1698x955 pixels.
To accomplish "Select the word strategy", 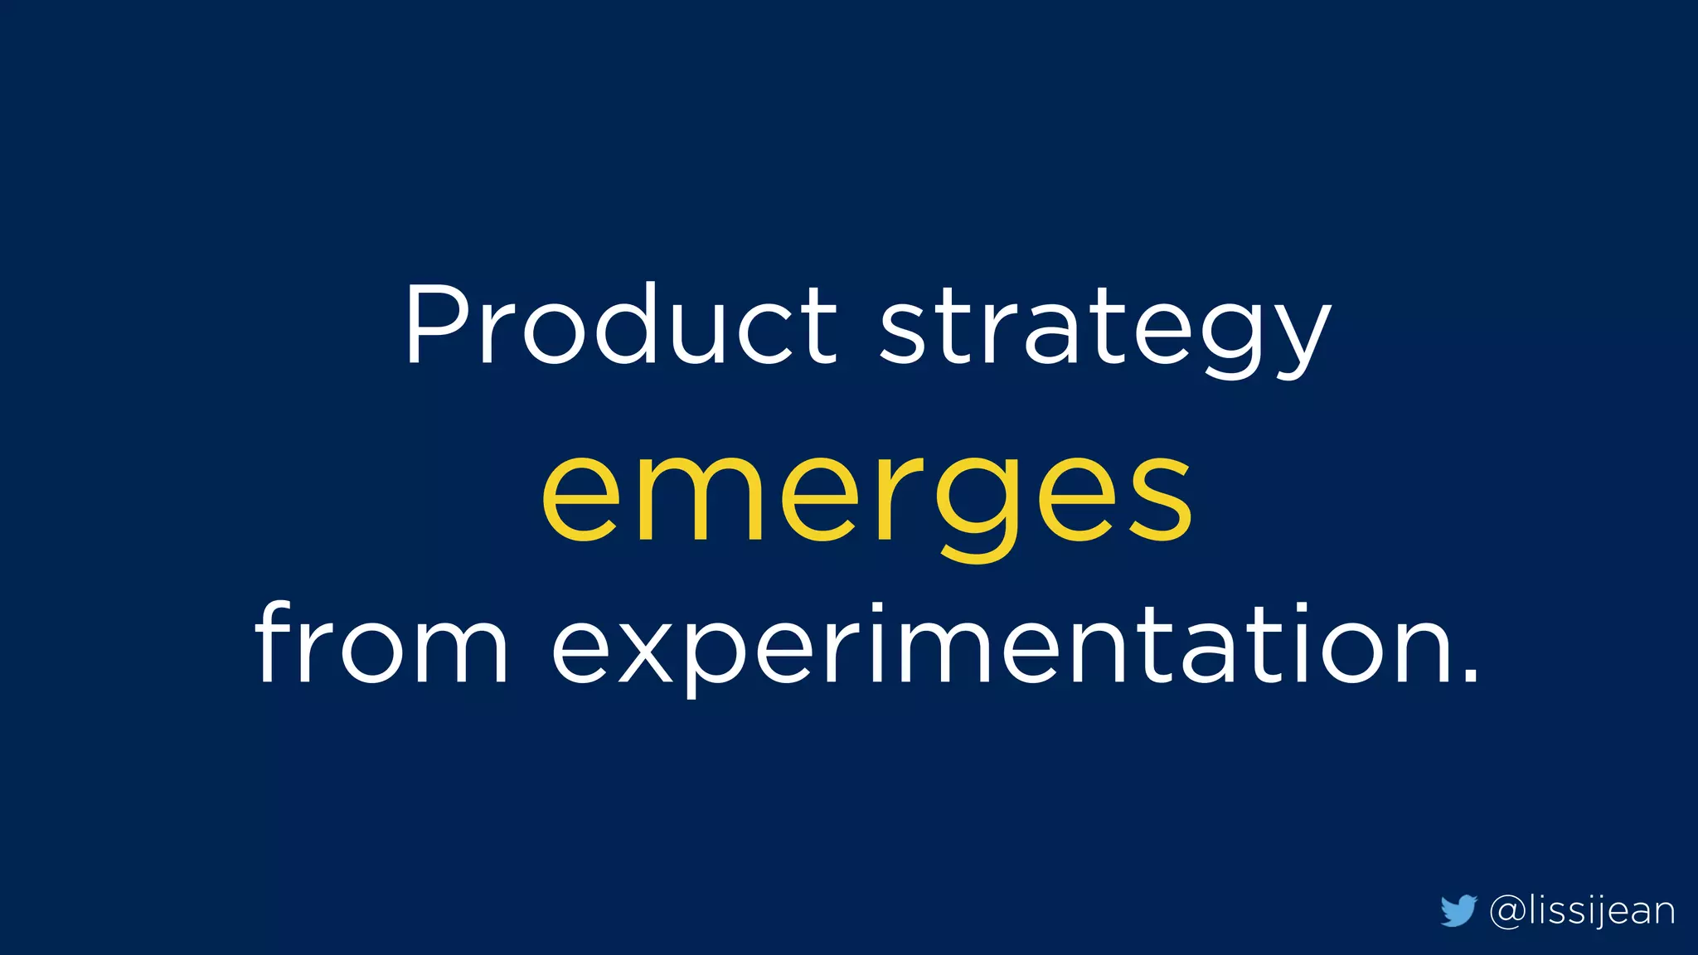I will pos(1104,332).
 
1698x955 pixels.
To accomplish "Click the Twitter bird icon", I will pos(1458,910).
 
